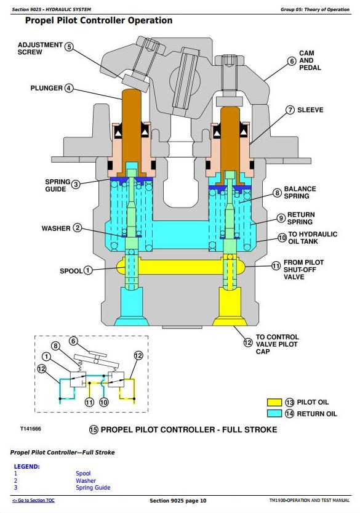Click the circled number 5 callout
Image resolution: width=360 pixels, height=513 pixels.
(69, 46)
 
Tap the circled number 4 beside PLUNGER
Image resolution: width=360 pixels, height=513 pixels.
(69, 88)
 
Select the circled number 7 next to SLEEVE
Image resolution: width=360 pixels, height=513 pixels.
(290, 110)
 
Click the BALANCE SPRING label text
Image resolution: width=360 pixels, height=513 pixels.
(300, 192)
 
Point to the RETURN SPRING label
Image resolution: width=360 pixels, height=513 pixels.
(301, 218)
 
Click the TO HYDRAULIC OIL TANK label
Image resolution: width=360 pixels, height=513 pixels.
(312, 238)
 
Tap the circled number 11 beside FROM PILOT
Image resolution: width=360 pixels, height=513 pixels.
(276, 266)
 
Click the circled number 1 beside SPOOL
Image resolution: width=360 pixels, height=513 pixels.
(88, 270)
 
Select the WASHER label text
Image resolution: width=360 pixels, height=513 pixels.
(56, 228)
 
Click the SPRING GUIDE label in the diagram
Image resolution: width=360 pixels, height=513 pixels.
(58, 185)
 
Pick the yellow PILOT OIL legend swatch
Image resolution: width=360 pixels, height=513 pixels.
(274, 402)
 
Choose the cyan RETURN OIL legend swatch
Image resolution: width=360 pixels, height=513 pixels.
(274, 413)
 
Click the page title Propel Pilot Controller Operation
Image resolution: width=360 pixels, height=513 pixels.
(98, 20)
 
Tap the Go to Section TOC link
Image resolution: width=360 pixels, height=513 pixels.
(33, 500)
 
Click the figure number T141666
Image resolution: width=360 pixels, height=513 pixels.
(31, 429)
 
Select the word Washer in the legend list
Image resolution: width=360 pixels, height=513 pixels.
(86, 480)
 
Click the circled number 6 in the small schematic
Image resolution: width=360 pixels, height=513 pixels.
(73, 341)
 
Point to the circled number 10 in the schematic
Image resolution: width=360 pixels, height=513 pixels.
(103, 402)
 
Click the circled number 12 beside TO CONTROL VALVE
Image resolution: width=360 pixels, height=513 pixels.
(248, 342)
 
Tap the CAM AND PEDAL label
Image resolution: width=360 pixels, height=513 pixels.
(310, 60)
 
